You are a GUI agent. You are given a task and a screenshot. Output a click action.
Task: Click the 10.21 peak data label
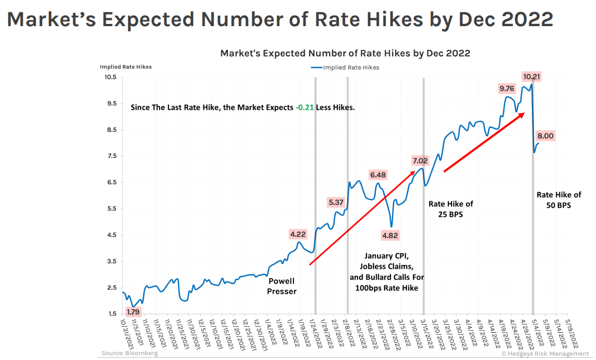click(x=532, y=77)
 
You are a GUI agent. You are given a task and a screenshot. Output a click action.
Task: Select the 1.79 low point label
click(x=133, y=312)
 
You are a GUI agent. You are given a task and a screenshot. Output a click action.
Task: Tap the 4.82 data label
click(x=390, y=235)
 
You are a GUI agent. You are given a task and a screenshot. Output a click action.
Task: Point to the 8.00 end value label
click(x=545, y=136)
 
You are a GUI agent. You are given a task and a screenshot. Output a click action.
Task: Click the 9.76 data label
click(x=506, y=88)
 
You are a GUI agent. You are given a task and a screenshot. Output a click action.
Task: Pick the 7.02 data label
click(x=420, y=161)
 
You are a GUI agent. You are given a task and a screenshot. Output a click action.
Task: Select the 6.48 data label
click(x=378, y=175)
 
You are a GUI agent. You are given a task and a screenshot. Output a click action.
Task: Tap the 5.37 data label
click(x=336, y=203)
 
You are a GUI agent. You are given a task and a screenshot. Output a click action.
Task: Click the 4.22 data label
click(x=298, y=234)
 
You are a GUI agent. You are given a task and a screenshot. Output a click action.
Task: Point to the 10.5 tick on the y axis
click(x=110, y=77)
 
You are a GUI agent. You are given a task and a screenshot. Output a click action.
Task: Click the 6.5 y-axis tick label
click(x=111, y=183)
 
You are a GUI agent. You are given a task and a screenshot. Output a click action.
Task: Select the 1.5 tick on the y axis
click(x=111, y=314)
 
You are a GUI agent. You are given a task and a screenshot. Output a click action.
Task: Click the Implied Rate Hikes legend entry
click(x=345, y=67)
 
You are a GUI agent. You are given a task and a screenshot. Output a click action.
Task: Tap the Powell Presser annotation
click(x=282, y=286)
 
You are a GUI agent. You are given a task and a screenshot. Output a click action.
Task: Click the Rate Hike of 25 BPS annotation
click(x=451, y=209)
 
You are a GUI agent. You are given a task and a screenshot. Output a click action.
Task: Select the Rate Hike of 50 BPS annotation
click(x=559, y=200)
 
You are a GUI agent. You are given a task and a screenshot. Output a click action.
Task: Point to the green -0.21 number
click(x=305, y=107)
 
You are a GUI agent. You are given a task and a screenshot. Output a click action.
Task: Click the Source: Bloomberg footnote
click(x=130, y=353)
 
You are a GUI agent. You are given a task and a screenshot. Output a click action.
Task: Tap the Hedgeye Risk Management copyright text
click(x=545, y=354)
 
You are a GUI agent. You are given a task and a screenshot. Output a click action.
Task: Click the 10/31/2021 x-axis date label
click(x=127, y=333)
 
